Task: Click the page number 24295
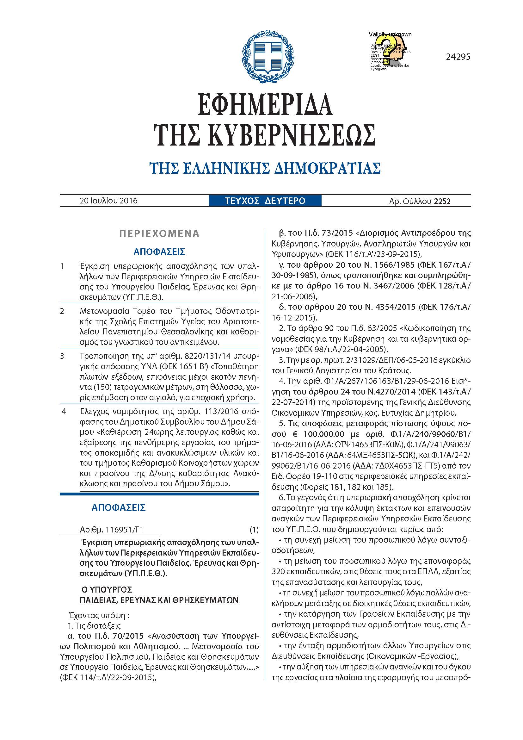click(x=458, y=57)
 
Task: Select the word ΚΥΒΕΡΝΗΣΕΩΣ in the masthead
click(x=292, y=134)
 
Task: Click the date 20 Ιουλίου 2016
click(x=108, y=201)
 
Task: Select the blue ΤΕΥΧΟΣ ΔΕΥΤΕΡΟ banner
click(x=265, y=201)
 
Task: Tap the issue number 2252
click(x=442, y=202)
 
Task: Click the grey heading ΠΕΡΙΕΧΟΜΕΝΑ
click(x=159, y=233)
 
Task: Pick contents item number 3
click(x=62, y=356)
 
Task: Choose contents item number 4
click(x=64, y=412)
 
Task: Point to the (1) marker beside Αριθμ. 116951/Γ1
click(x=254, y=530)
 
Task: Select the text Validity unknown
click(x=390, y=34)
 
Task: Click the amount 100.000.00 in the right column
click(x=324, y=434)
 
